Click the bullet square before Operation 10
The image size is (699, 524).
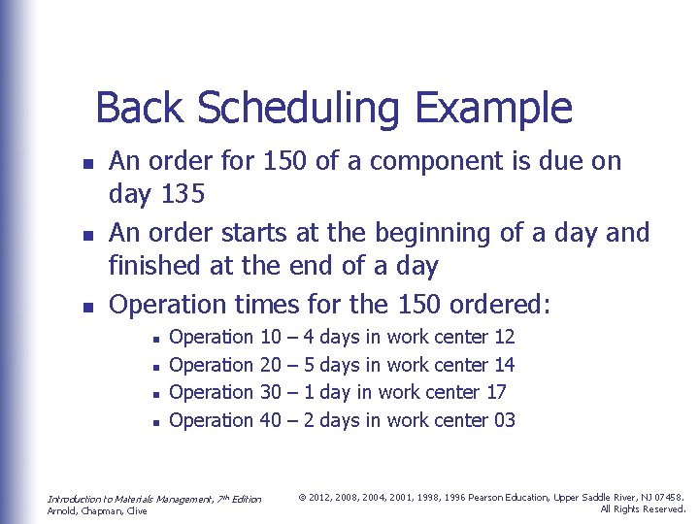pyautogui.click(x=155, y=339)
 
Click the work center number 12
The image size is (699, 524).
pyautogui.click(x=504, y=338)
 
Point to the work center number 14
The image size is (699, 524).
pyautogui.click(x=504, y=365)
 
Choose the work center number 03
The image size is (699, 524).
pyautogui.click(x=504, y=420)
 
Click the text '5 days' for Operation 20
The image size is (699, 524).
pyautogui.click(x=330, y=365)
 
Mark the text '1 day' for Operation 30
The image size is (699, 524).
pyautogui.click(x=326, y=393)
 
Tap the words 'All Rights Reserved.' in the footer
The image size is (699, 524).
pyautogui.click(x=643, y=509)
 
